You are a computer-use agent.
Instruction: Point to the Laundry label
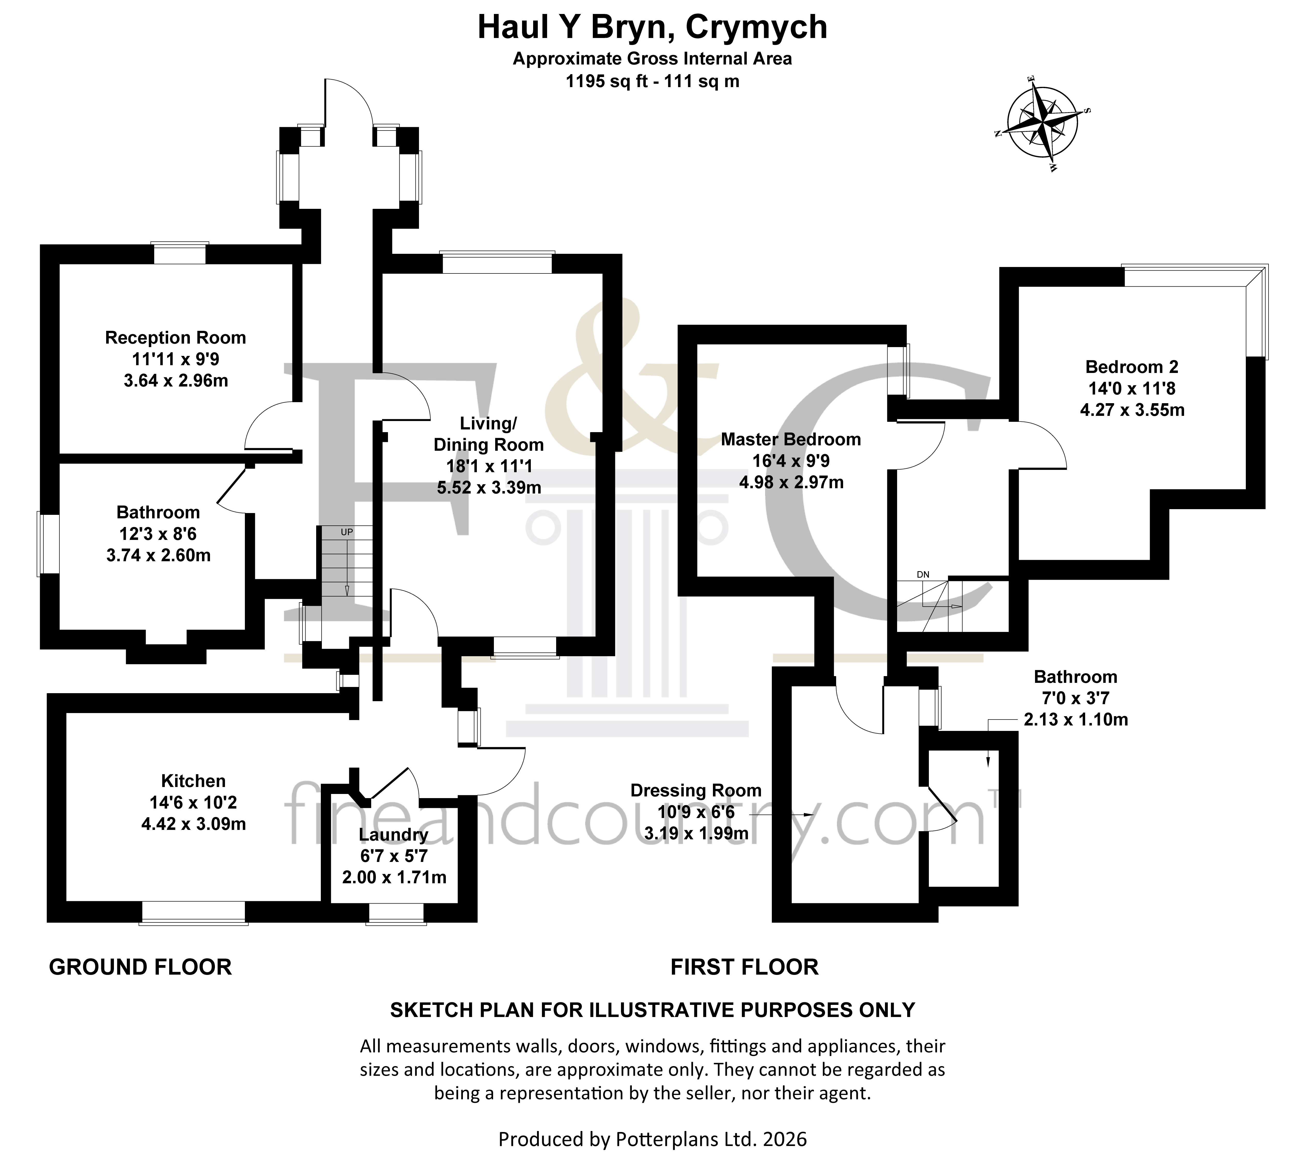click(394, 835)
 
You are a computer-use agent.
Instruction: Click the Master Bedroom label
click(791, 440)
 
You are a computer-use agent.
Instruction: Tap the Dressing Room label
click(696, 791)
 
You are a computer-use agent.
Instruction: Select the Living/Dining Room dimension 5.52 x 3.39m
click(489, 488)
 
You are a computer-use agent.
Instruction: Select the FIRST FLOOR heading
click(744, 967)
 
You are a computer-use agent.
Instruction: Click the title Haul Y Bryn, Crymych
click(652, 27)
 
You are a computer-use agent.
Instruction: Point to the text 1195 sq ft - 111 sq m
click(652, 81)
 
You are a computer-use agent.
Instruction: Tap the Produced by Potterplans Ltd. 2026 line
click(652, 1139)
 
